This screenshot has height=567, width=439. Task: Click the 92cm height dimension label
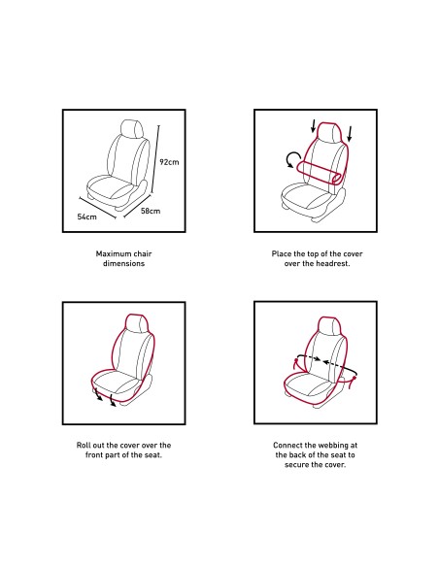169,161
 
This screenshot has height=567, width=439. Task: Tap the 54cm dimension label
86,217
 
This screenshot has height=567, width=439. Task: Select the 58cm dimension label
151,211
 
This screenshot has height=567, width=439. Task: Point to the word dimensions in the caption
123,263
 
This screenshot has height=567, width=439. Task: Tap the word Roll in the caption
84,445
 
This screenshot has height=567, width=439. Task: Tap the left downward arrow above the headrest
313,126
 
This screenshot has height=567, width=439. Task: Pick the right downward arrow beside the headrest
350,134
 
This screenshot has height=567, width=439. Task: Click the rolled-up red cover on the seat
319,174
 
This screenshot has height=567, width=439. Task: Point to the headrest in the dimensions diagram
132,129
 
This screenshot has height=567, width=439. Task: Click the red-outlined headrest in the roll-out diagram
137,323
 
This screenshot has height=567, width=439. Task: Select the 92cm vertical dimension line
155,161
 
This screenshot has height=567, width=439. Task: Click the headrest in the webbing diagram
330,326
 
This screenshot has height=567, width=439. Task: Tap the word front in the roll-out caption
94,455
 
